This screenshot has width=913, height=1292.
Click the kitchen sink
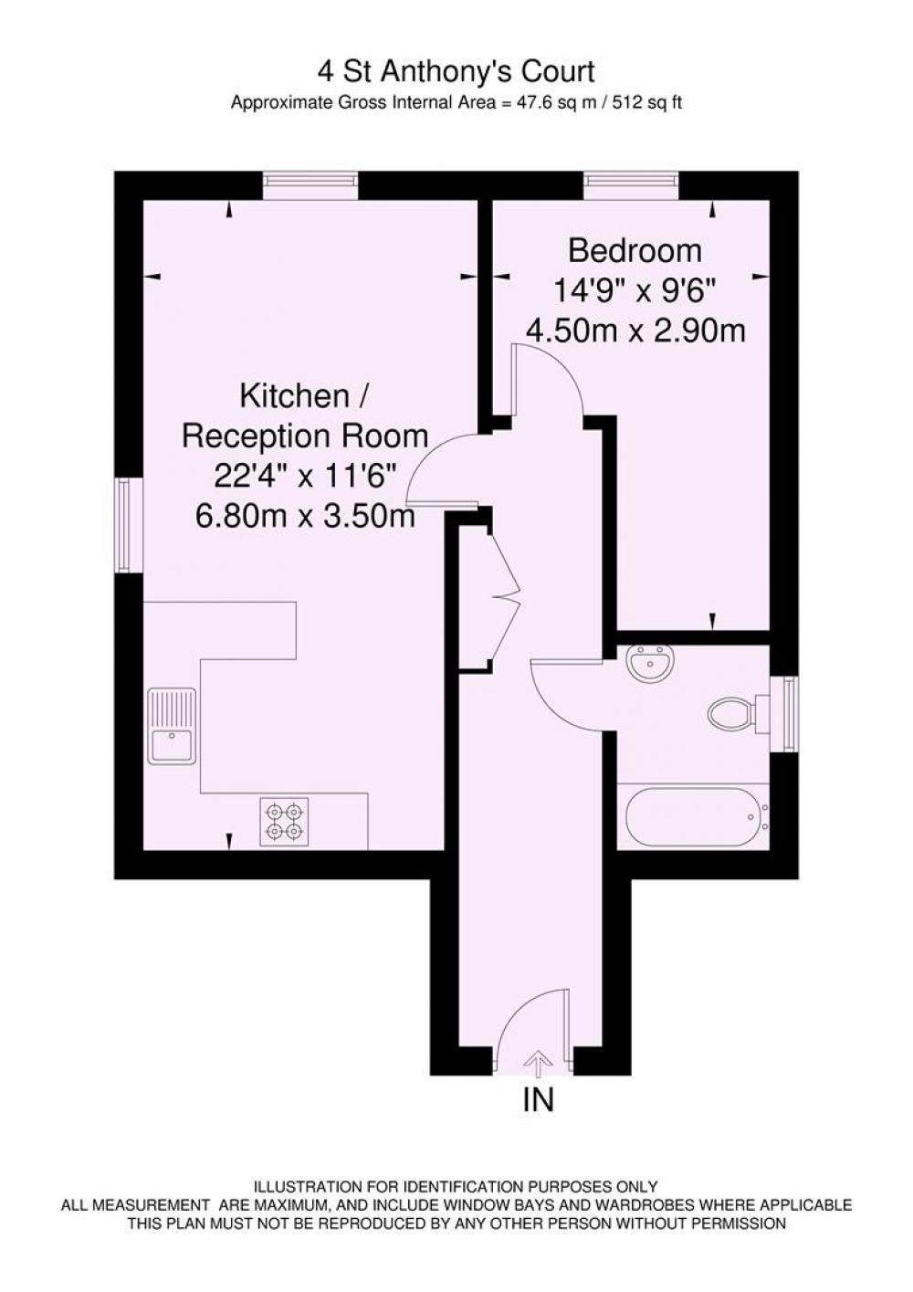172,726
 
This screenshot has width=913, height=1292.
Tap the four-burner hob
284,822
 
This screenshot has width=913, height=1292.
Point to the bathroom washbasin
651,663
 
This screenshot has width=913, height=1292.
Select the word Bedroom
635,252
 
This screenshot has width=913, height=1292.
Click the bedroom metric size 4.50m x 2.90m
635,331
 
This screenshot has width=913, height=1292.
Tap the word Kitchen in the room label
294,397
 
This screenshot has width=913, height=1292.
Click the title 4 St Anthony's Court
456,73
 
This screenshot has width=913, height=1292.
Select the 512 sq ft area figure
641,103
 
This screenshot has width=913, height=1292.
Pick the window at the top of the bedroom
631,185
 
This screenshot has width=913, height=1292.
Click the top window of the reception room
310,185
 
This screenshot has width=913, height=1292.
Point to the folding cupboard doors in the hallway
506,595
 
